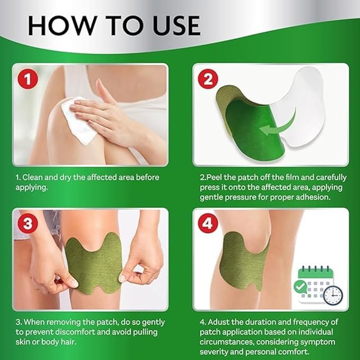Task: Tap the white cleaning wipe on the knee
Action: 80,119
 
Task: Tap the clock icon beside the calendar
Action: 333,295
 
